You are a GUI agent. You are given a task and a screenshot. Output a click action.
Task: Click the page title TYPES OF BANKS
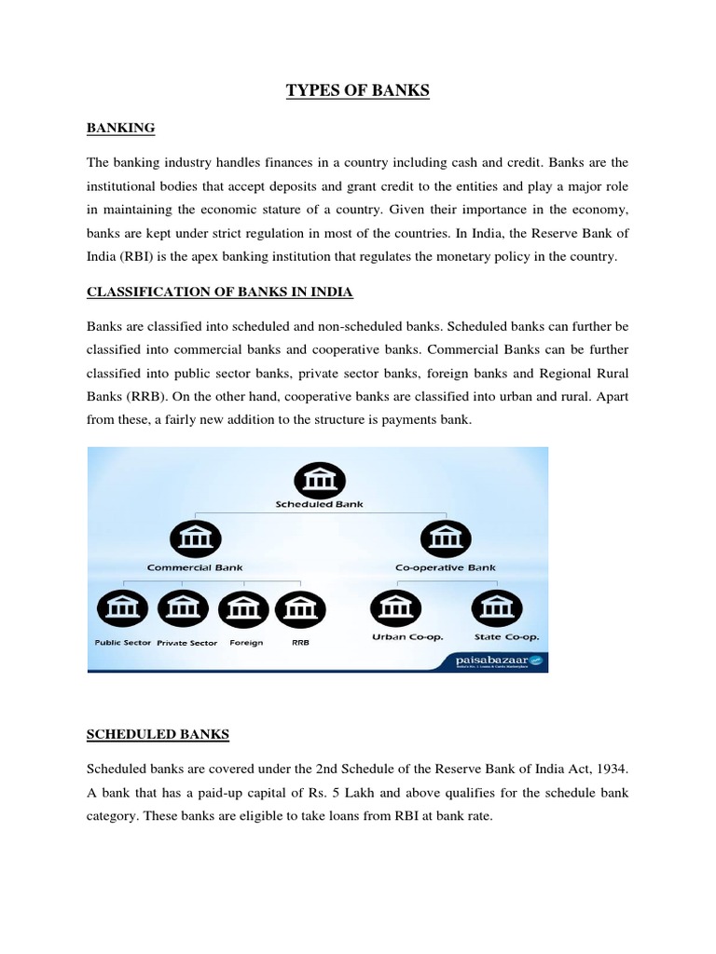point(357,91)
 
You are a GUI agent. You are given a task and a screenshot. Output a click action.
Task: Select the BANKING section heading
point(121,128)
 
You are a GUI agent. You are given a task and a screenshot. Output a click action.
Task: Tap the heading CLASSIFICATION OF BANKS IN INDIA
point(220,292)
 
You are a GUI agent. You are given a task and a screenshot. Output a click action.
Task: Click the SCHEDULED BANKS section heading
point(158,734)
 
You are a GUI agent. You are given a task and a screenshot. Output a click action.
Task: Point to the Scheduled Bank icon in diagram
point(319,480)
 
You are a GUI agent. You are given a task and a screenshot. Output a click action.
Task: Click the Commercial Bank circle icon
point(196,538)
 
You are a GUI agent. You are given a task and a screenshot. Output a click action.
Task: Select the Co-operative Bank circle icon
point(446,538)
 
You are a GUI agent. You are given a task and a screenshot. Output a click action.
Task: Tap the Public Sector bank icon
point(121,610)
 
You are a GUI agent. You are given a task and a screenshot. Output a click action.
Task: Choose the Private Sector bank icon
point(186,610)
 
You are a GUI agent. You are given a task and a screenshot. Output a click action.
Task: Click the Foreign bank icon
point(244,610)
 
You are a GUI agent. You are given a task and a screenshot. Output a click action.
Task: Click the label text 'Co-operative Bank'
point(446,567)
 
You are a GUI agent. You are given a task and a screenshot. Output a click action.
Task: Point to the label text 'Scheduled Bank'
point(319,504)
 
